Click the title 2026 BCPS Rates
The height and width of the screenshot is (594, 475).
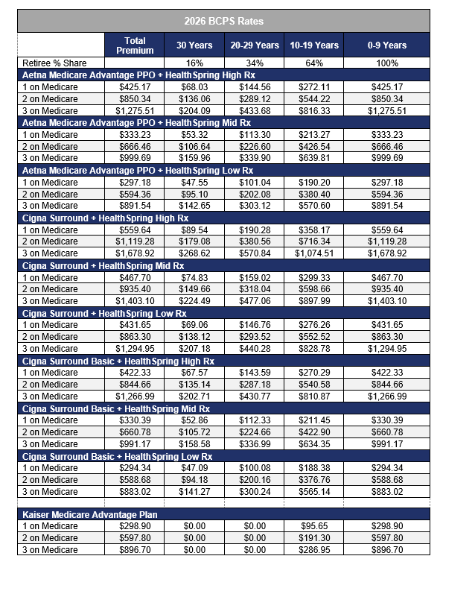point(223,21)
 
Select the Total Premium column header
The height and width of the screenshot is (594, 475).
point(135,45)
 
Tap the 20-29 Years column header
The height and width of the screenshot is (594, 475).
point(255,45)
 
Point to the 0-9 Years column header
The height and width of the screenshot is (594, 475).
point(387,45)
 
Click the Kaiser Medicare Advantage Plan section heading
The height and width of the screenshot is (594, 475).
point(89,515)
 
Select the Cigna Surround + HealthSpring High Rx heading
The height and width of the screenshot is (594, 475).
point(104,218)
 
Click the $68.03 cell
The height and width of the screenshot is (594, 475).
point(194,87)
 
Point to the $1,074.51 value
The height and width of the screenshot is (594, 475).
point(315,253)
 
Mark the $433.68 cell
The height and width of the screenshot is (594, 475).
point(255,111)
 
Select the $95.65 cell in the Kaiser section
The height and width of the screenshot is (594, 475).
point(315,527)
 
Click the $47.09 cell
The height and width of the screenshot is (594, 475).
point(194,468)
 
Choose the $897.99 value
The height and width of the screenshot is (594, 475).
point(315,301)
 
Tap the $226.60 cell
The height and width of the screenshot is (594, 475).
point(255,147)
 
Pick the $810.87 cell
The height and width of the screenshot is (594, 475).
point(315,396)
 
